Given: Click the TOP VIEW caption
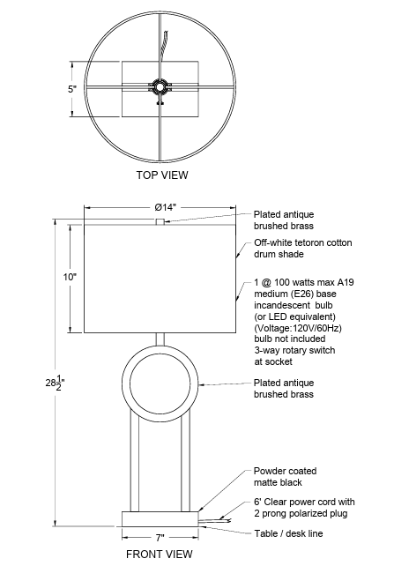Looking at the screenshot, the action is pyautogui.click(x=162, y=175).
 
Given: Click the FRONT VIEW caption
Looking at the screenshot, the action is pyautogui.click(x=160, y=554).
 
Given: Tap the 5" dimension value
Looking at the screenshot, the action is pyautogui.click(x=72, y=89).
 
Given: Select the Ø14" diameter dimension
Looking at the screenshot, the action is pyautogui.click(x=165, y=207).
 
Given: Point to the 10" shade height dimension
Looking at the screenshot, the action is pyautogui.click(x=70, y=277).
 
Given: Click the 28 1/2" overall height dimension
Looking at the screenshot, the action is pyautogui.click(x=55, y=383).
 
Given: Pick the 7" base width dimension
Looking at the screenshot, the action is pyautogui.click(x=160, y=538).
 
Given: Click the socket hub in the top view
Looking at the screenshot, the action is pyautogui.click(x=159, y=86).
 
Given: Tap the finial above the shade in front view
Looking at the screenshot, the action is pyautogui.click(x=160, y=221).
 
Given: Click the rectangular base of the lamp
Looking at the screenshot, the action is pyautogui.click(x=160, y=518).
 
